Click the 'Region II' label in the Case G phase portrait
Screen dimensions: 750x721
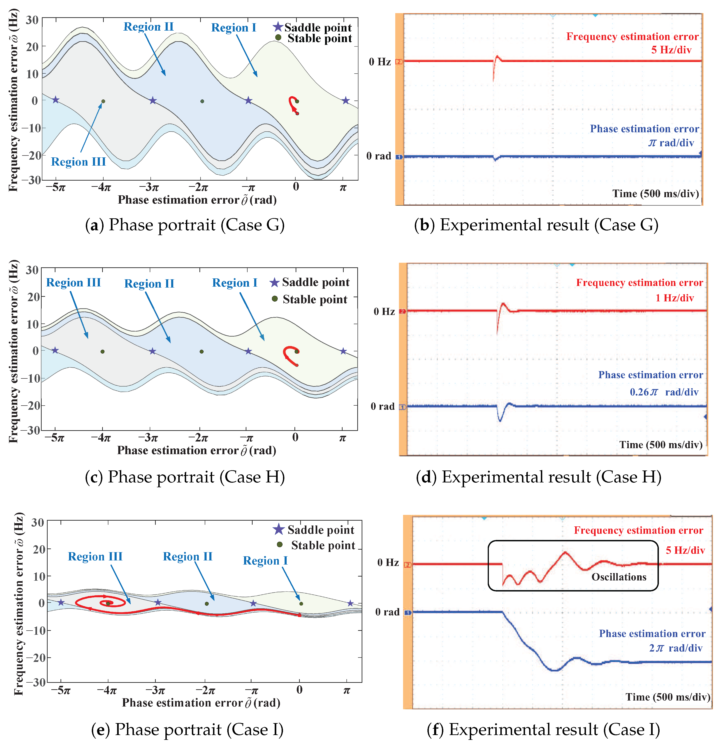click(148, 27)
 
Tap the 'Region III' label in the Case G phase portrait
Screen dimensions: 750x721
click(78, 162)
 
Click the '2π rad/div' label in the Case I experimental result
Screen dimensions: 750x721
click(675, 648)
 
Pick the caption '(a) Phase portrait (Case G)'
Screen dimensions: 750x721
click(185, 225)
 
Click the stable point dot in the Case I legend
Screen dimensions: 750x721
click(280, 545)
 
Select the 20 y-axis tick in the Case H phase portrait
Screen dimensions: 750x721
click(33, 297)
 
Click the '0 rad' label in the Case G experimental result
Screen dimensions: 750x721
click(378, 156)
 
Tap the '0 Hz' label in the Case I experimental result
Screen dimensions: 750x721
click(388, 562)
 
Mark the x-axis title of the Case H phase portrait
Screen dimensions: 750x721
click(197, 450)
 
